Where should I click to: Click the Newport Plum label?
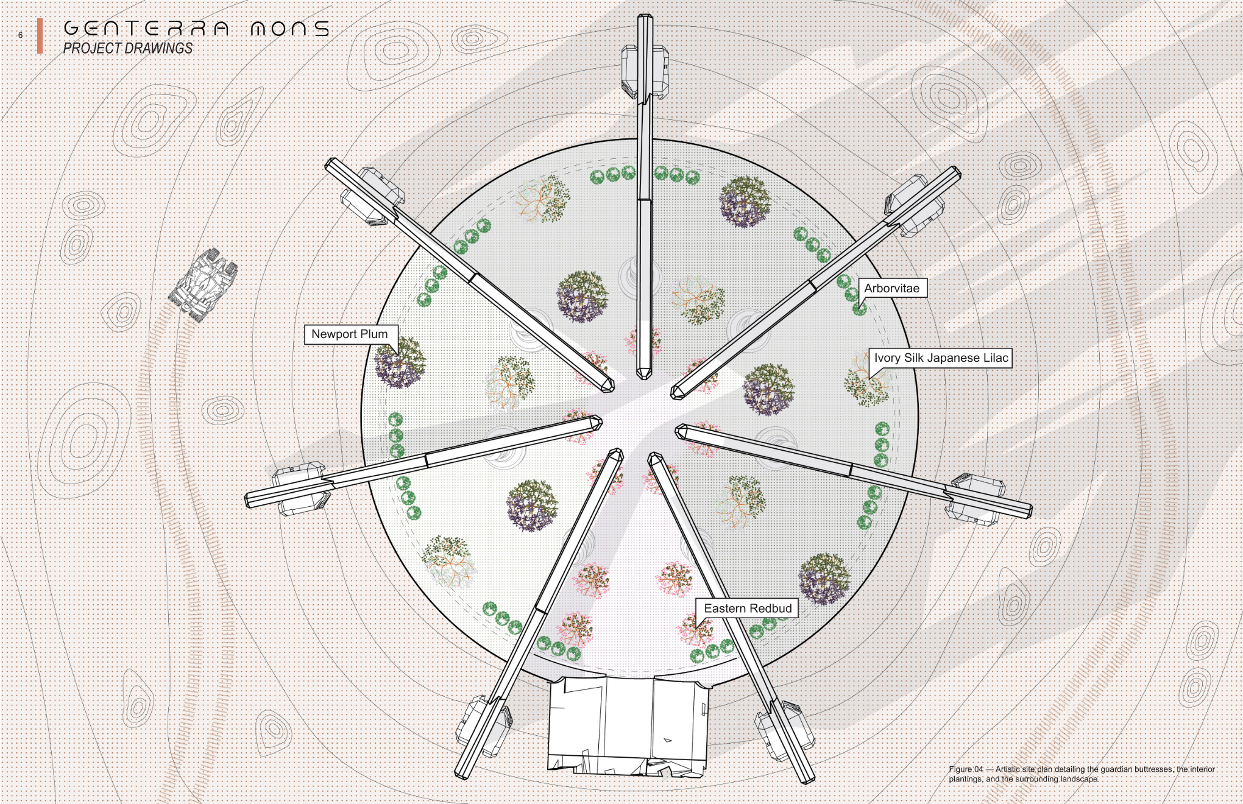[350, 334]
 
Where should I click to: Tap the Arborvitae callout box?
[892, 288]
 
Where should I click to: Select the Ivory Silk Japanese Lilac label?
[941, 358]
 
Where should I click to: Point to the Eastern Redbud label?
[748, 608]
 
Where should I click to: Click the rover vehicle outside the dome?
[203, 284]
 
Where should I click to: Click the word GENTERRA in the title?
[146, 28]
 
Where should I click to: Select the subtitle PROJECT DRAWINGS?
[128, 48]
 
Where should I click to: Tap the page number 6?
[20, 35]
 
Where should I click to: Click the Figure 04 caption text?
[1082, 774]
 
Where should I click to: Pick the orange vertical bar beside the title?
[40, 36]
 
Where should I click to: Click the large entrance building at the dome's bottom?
[628, 725]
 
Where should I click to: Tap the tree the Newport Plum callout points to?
[399, 363]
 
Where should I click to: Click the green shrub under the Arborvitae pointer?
[859, 309]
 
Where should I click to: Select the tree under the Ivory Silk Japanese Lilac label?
[867, 381]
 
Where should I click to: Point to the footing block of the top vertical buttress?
[645, 72]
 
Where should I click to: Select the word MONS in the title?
[290, 28]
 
